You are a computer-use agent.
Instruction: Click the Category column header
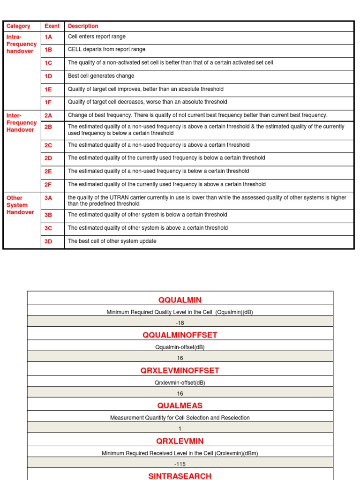[18, 26]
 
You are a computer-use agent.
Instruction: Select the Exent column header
[52, 26]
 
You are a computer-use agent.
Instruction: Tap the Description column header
[83, 26]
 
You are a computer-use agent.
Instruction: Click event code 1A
[48, 37]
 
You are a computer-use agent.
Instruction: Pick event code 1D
[48, 76]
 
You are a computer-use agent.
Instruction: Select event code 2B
[48, 127]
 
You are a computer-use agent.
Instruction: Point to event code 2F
[48, 185]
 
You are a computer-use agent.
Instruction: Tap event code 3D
[48, 241]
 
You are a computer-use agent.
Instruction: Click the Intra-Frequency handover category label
[21, 44]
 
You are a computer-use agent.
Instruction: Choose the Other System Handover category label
[20, 205]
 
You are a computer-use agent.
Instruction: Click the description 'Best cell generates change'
[101, 76]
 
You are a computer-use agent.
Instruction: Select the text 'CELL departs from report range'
[106, 49]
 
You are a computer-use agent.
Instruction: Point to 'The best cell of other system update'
[112, 241]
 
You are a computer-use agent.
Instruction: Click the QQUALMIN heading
[180, 300]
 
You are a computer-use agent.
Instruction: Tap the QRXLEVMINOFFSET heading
[180, 370]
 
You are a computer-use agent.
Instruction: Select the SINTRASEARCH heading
[180, 476]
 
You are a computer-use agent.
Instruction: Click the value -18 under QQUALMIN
[180, 323]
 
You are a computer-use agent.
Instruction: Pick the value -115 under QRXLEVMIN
[180, 464]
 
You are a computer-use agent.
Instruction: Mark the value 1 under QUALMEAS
[180, 428]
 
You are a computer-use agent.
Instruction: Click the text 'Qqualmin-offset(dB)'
[180, 347]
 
